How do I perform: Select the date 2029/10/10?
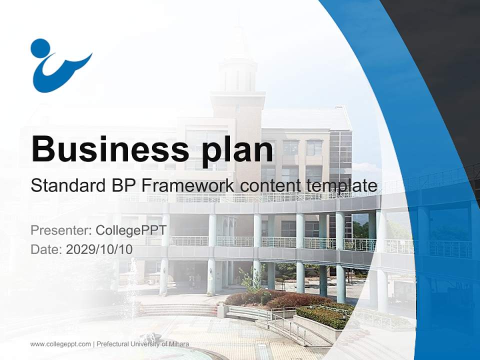[x=99, y=249]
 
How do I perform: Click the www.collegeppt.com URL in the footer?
[x=60, y=344]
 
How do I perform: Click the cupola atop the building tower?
[x=237, y=70]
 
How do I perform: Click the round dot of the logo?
[x=40, y=48]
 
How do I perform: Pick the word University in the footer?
[x=147, y=344]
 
